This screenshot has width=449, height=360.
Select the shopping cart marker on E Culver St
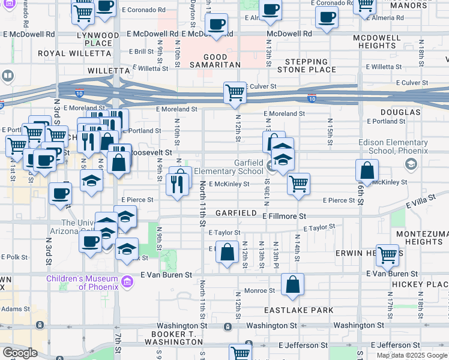click(x=235, y=93)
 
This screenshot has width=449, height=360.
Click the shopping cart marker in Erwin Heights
click(x=387, y=255)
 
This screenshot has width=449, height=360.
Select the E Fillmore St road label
click(x=284, y=215)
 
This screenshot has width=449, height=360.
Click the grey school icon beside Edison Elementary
click(x=411, y=164)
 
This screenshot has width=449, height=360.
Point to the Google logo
click(x=20, y=353)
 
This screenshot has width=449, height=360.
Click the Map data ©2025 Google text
click(x=412, y=355)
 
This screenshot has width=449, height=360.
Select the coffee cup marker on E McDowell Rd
click(x=216, y=25)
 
